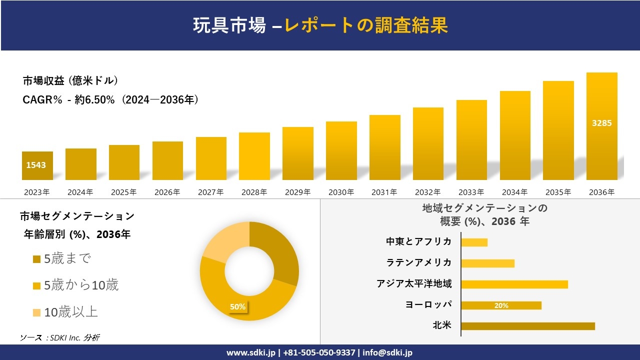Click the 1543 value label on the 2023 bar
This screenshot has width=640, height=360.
(36, 164)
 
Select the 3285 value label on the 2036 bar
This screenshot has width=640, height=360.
(601, 123)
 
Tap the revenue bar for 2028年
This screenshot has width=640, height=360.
(254, 156)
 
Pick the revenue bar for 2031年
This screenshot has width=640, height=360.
(384, 147)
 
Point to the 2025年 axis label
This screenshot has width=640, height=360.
(124, 192)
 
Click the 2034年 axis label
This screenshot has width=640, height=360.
(514, 192)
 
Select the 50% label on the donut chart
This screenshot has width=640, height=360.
(237, 306)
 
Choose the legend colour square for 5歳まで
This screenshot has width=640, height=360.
(36, 259)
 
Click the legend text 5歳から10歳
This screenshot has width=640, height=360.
(81, 285)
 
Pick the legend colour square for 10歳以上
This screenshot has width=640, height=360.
(36, 313)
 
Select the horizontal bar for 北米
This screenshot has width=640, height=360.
(527, 326)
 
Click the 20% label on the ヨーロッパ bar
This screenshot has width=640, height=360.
(501, 305)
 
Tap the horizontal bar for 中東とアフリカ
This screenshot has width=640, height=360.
(474, 242)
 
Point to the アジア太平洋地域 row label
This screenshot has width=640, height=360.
(414, 284)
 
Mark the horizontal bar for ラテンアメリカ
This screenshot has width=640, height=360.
(487, 263)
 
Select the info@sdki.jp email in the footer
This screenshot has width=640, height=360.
(388, 352)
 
